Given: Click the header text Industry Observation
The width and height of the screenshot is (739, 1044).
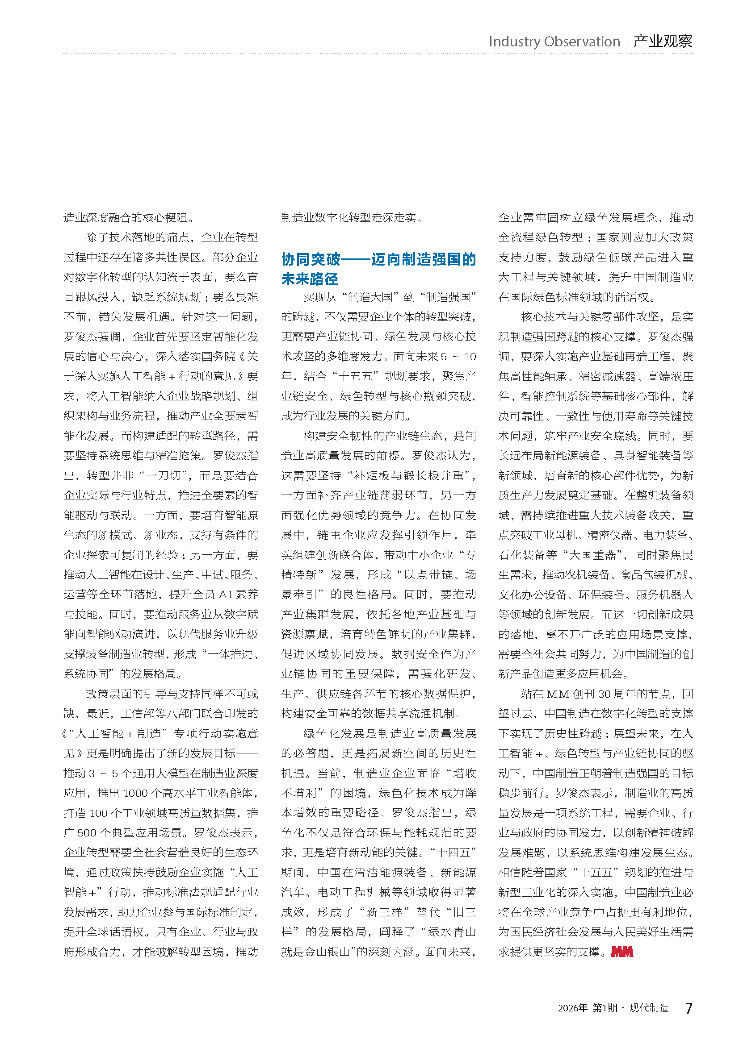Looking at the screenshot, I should [554, 42].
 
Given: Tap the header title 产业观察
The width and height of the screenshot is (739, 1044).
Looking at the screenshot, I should [663, 42].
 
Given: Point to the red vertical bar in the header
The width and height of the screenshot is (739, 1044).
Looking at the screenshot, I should [627, 42].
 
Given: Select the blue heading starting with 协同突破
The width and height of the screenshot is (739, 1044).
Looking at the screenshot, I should [378, 269].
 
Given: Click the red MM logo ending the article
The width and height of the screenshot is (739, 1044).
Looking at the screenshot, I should [622, 952].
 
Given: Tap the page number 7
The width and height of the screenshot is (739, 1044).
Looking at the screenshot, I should [689, 1008].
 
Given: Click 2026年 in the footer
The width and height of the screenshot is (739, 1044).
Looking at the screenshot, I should [572, 1008].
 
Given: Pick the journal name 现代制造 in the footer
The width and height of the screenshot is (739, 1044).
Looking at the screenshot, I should [648, 1008].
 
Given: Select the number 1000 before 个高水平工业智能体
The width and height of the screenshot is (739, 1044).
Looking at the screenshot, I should [135, 793].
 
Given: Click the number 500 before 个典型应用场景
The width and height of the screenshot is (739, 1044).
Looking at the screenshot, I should [87, 832].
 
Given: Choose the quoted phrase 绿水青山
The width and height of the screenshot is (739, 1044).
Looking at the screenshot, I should [451, 932].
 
